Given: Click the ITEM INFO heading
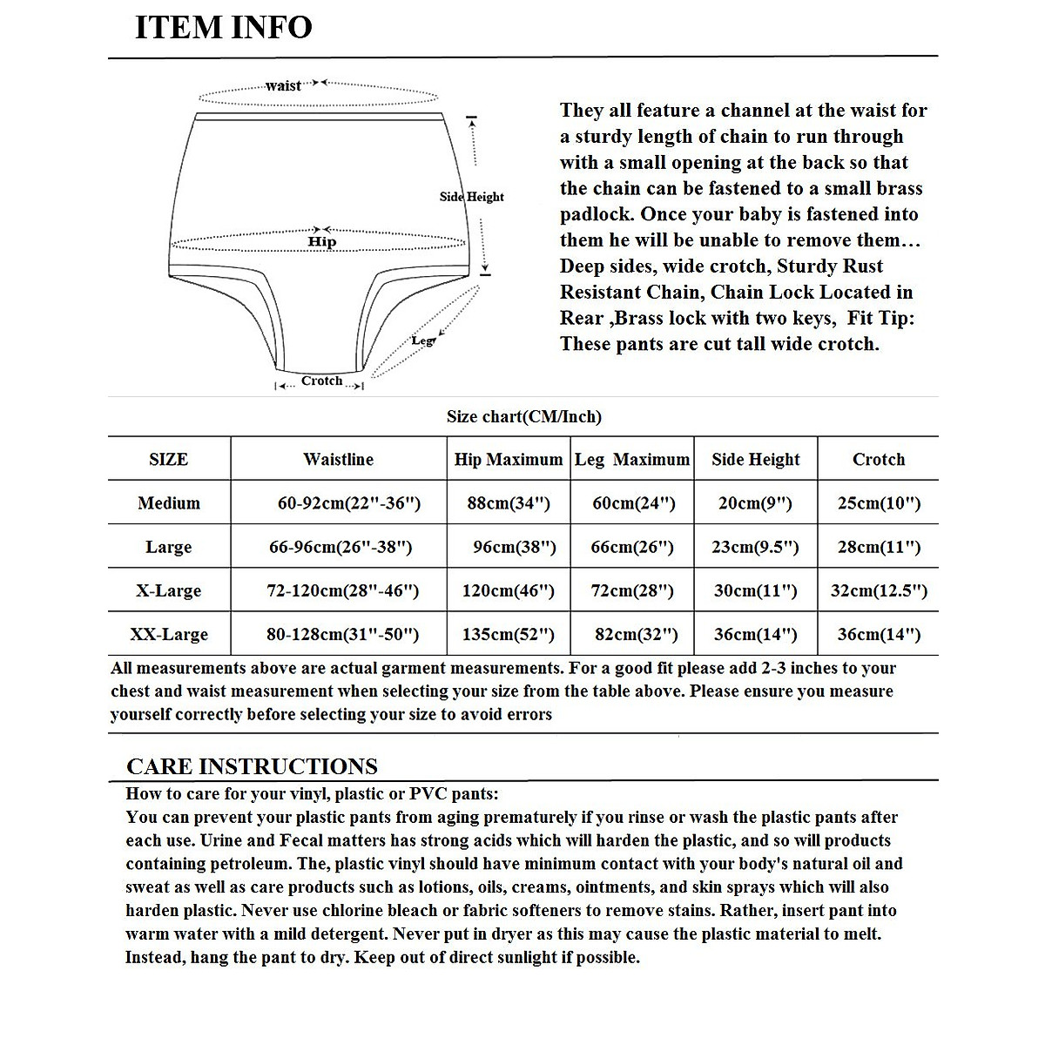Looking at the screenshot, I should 223,27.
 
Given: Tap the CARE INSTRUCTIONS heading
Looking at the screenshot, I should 252,766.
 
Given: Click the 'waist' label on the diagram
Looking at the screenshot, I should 283,85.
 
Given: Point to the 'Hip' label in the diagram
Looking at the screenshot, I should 321,242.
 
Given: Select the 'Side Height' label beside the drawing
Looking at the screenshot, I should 471,197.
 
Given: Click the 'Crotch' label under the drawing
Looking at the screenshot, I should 321,381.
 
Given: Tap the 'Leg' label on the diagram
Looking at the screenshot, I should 422,340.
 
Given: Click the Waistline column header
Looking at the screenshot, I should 338,459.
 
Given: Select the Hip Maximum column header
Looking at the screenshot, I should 509,459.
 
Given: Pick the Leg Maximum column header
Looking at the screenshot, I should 632,459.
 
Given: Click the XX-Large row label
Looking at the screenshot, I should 169,634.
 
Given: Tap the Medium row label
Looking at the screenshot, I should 169,502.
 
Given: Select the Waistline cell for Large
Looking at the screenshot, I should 340,547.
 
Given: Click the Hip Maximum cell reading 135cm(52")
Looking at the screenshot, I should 509,634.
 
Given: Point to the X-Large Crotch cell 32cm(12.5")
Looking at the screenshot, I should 879,590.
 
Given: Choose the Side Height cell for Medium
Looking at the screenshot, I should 755,502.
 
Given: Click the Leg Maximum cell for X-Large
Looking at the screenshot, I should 632,590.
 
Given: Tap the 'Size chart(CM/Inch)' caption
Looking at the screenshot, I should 523,416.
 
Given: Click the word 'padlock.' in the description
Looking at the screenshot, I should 593,214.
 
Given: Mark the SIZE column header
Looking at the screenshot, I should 169,459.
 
